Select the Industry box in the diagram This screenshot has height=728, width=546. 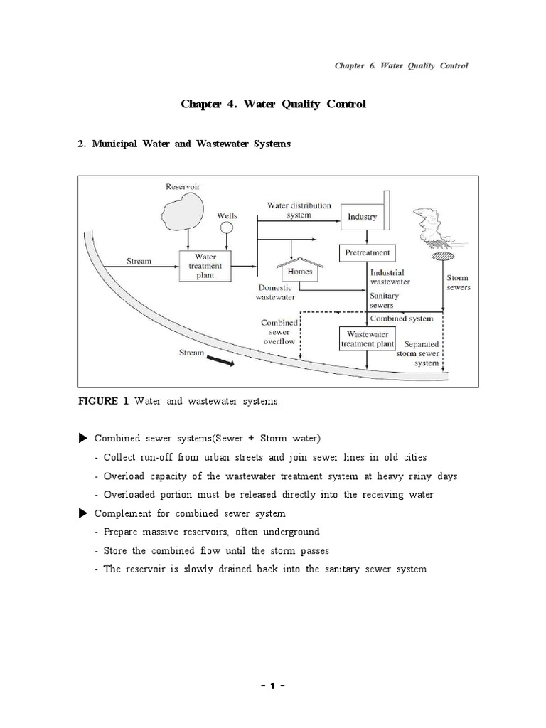tap(363, 216)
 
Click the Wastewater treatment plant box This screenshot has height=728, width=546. tap(367, 338)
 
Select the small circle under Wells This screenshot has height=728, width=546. tap(227, 228)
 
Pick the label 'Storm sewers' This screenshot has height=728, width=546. tap(458, 283)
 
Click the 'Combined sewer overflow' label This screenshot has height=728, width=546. tap(279, 331)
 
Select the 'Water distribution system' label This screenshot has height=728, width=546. tap(299, 210)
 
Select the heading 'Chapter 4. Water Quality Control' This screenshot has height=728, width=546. tap(273, 105)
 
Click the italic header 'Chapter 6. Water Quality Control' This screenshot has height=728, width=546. tap(401, 65)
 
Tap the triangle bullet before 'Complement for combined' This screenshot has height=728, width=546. tap(82, 513)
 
